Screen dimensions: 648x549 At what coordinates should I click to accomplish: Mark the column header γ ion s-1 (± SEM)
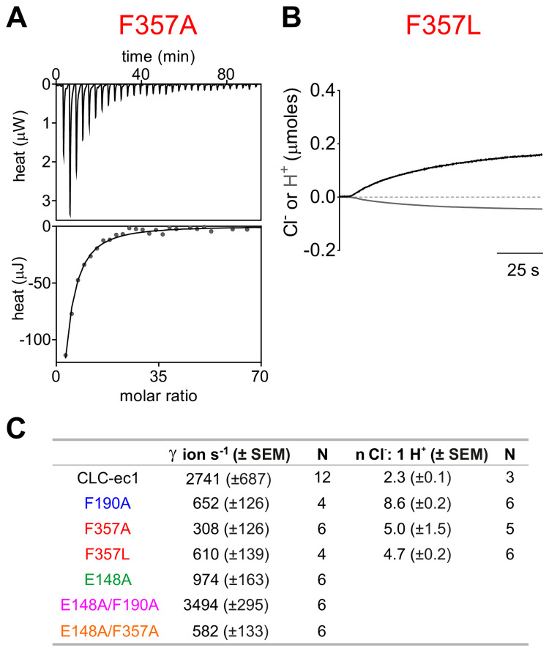(230, 455)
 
